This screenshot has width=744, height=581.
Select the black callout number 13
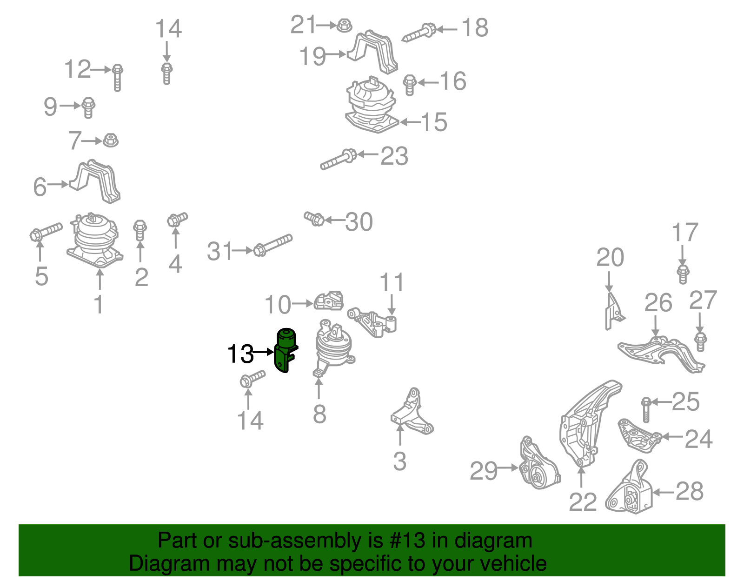click(240, 354)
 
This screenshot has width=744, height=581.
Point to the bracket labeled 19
click(375, 52)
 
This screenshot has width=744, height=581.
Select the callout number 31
click(219, 252)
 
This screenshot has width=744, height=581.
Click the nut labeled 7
click(110, 140)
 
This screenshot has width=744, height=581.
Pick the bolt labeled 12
click(117, 77)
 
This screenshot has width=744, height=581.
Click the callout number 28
click(689, 491)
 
